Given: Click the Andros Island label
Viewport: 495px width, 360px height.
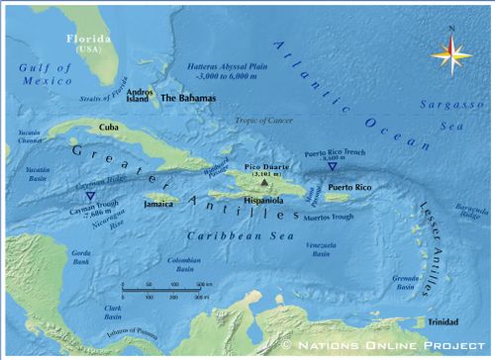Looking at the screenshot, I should tap(140, 95).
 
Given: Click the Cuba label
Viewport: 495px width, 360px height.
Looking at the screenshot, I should tap(110, 128).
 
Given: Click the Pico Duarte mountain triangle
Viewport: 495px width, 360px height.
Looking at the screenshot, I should tap(263, 183).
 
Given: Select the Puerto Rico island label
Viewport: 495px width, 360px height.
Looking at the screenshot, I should tap(349, 187).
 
